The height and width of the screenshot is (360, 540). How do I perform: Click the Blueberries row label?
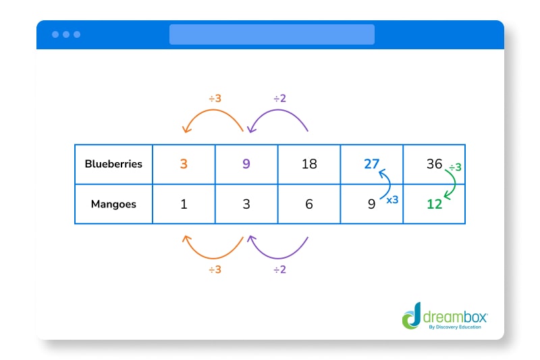(x=113, y=164)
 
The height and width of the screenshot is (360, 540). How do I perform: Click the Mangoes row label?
(x=113, y=204)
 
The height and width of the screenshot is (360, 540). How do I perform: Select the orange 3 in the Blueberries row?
(x=184, y=164)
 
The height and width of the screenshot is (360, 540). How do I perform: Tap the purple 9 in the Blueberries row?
(x=246, y=164)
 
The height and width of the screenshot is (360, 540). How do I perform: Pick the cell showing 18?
(x=309, y=164)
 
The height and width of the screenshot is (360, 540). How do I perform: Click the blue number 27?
(x=371, y=164)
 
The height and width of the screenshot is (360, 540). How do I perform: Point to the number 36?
(x=434, y=164)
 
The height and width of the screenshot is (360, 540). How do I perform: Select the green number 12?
(x=434, y=204)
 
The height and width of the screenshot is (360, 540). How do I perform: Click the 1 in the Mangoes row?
(x=184, y=204)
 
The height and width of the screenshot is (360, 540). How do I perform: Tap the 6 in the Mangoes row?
(x=309, y=204)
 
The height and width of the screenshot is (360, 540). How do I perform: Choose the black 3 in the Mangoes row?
(x=246, y=204)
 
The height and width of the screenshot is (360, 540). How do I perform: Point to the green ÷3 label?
(x=455, y=167)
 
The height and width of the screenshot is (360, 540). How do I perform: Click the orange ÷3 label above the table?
(x=215, y=98)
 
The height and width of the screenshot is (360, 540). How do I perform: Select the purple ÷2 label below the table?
(x=279, y=270)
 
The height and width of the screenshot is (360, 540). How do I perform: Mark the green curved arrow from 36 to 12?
(x=455, y=184)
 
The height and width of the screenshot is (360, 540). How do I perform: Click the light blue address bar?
(x=271, y=34)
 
